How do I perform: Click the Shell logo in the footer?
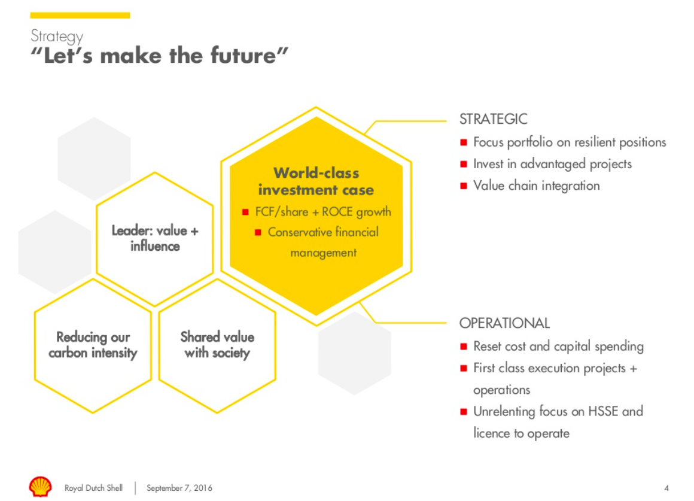(x=40, y=487)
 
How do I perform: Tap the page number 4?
(x=666, y=488)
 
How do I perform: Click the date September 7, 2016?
(x=179, y=488)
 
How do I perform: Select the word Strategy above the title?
(x=57, y=37)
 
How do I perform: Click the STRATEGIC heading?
(x=493, y=119)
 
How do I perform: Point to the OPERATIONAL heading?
(x=504, y=323)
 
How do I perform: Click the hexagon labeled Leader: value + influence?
(x=154, y=238)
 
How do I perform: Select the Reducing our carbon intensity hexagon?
(x=93, y=345)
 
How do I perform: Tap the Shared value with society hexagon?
(x=217, y=345)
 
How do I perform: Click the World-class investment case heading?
(x=316, y=181)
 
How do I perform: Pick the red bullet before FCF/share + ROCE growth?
(x=245, y=212)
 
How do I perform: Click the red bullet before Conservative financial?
(x=258, y=232)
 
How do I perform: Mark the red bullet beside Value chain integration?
(x=464, y=186)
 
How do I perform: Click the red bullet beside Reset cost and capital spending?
(x=464, y=346)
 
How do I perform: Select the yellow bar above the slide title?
(x=80, y=16)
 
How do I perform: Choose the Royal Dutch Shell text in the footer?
(x=93, y=488)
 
